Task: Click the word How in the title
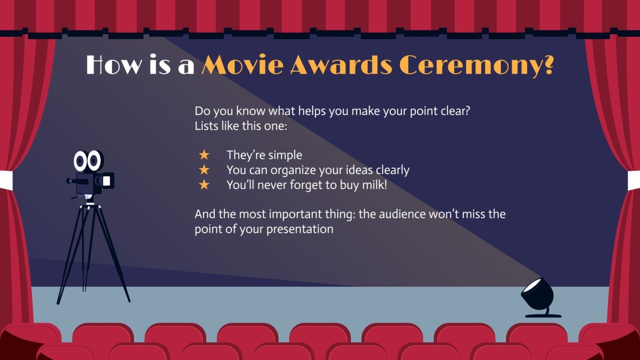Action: click(x=113, y=65)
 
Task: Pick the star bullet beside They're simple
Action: click(x=204, y=155)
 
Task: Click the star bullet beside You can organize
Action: click(x=204, y=170)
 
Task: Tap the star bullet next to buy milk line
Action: click(x=204, y=185)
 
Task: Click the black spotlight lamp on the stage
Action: click(x=540, y=295)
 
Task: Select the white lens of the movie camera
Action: click(x=107, y=181)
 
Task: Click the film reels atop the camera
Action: click(x=88, y=161)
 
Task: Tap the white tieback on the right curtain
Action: click(x=634, y=180)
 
